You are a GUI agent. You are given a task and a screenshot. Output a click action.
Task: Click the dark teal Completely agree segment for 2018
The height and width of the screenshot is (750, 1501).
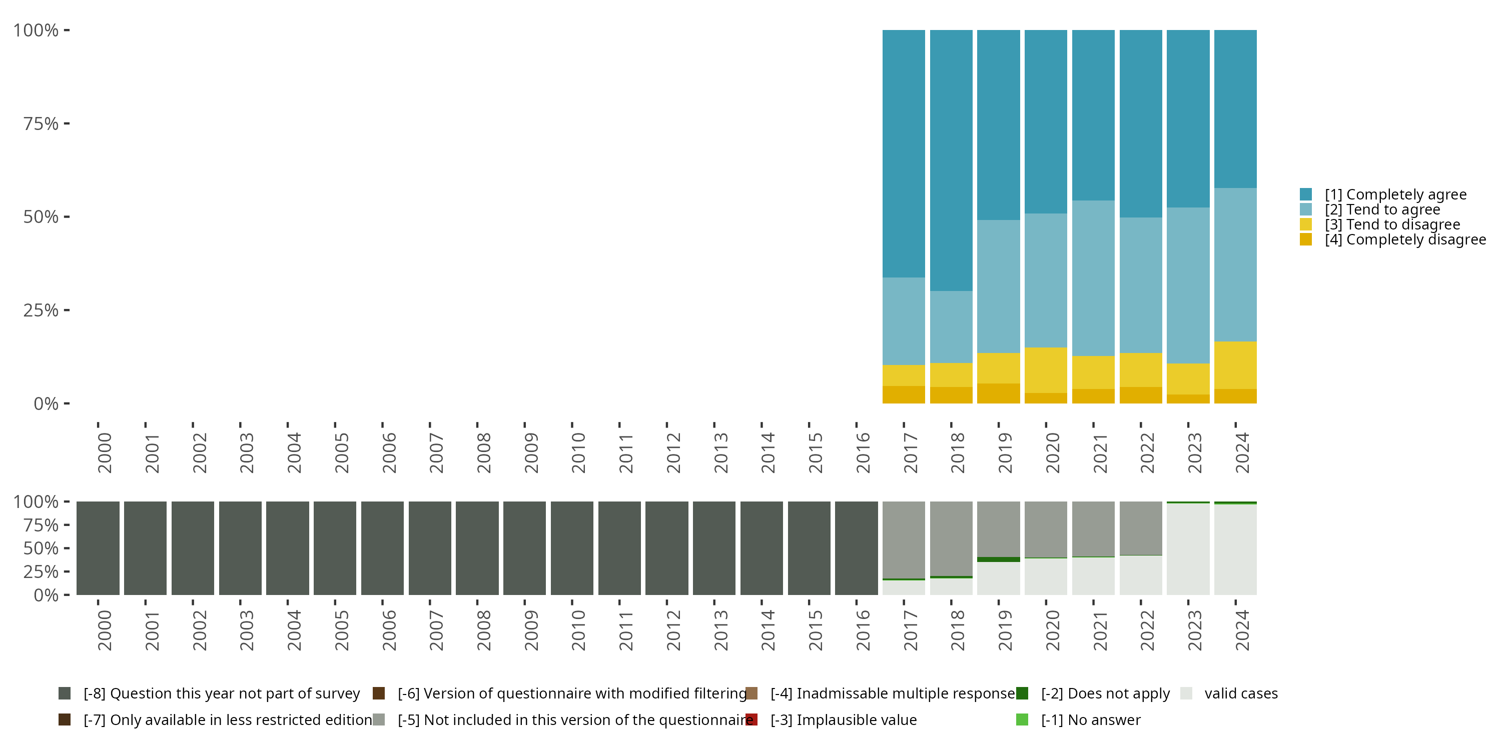[951, 160]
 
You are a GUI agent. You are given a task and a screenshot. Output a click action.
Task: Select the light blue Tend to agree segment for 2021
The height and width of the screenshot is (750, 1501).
[1093, 278]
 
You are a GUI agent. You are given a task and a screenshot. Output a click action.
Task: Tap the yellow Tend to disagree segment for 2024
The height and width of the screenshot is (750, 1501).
[1235, 365]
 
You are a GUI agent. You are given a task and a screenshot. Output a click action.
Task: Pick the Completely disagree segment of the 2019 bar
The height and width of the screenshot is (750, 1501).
[998, 393]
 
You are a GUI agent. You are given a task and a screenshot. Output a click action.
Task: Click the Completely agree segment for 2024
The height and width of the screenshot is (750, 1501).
[1235, 109]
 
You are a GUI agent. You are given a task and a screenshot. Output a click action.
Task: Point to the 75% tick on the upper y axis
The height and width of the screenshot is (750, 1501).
[67, 123]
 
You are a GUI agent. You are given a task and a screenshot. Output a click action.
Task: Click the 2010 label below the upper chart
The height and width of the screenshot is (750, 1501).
[578, 453]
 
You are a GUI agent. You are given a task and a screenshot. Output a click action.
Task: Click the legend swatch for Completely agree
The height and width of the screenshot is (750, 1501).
[1306, 194]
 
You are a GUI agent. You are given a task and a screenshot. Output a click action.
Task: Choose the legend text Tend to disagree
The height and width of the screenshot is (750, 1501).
[1392, 225]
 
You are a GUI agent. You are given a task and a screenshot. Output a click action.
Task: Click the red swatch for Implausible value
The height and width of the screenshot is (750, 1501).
[752, 719]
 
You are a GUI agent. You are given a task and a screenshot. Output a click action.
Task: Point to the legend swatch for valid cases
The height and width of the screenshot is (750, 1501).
[1186, 693]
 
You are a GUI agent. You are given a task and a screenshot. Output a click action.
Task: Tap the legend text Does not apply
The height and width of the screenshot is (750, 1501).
[1105, 693]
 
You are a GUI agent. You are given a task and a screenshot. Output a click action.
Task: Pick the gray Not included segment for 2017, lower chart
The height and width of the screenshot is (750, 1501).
[904, 540]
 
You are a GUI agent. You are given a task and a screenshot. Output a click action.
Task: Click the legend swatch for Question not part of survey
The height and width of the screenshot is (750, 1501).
[65, 693]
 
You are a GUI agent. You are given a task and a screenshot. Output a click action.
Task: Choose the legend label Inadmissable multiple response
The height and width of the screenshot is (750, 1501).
[893, 693]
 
